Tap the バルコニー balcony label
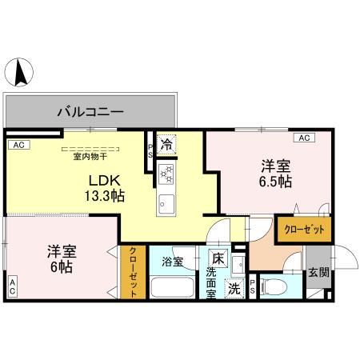(90, 112)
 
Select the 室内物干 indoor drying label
(90, 156)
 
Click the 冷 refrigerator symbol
(166, 146)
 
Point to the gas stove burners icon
(166, 173)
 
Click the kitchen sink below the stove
(166, 202)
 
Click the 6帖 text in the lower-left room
(60, 266)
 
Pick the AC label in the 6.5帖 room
(304, 138)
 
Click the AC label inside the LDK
(18, 146)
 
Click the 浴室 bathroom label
(173, 262)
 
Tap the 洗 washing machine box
(234, 288)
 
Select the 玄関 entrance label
(318, 272)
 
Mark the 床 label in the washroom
(217, 258)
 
